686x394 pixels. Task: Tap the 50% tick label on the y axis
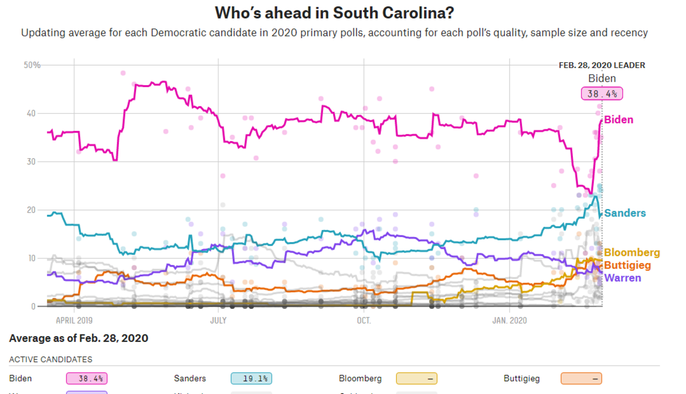tap(32, 65)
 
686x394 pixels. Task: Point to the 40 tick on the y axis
tap(35, 114)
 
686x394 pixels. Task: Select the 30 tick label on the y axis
tap(35, 162)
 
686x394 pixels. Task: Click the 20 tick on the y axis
tap(35, 210)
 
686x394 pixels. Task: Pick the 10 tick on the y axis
tap(35, 259)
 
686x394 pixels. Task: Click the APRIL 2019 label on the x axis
tap(74, 320)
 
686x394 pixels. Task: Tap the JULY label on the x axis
tap(218, 320)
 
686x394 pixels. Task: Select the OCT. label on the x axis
tap(364, 320)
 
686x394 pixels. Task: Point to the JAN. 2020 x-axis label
tap(509, 320)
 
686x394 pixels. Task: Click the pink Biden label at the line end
tap(619, 120)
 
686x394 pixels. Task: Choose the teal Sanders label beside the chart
tap(625, 213)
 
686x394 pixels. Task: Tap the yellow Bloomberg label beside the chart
tap(632, 252)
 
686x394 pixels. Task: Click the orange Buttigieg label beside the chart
tap(631, 266)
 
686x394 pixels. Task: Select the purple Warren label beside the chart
tap(623, 278)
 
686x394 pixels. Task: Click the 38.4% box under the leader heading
tap(602, 94)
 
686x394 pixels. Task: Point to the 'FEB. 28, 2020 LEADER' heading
tap(601, 65)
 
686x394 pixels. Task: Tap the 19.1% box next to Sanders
tap(251, 379)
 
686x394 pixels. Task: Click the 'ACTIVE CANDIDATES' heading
tap(51, 360)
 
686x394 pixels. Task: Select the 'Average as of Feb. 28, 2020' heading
tap(78, 339)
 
